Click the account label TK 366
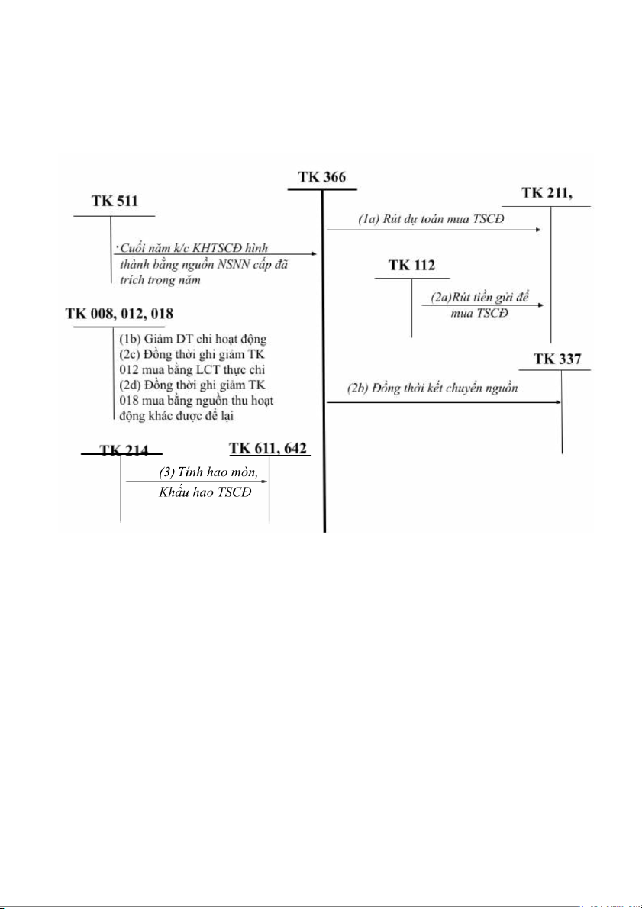coord(321,177)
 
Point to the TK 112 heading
coord(411,266)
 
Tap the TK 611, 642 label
coord(269,449)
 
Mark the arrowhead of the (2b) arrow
coord(558,401)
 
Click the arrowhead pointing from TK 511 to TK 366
coord(313,254)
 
